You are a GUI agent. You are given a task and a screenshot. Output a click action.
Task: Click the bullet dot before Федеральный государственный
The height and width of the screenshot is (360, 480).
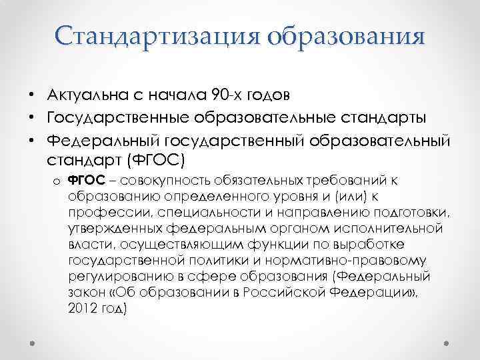[32, 142]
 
